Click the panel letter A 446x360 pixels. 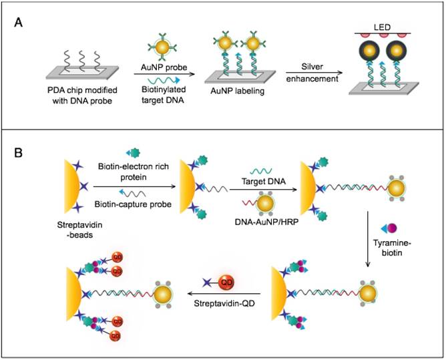pyautogui.click(x=21, y=23)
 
